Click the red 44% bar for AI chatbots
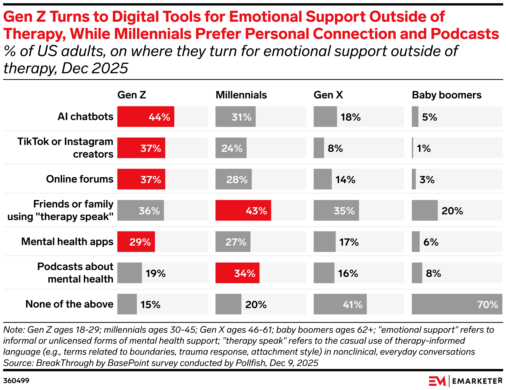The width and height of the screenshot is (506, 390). point(146,117)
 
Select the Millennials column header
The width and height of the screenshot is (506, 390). point(241,95)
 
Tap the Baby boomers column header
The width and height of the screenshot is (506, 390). point(447,95)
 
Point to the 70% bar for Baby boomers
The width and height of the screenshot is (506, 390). point(457,304)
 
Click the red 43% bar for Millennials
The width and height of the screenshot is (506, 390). point(243,211)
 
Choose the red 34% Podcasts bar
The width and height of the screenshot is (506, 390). point(237,273)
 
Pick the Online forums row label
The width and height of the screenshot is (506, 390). point(80,179)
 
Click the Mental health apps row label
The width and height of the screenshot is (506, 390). point(67,242)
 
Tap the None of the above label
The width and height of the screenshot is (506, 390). point(69,304)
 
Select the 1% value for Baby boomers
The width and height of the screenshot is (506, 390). point(423,148)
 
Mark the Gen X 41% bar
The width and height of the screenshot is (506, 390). point(340,304)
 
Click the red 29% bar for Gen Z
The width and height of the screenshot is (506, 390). point(136,242)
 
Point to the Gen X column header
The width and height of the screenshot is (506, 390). point(328,95)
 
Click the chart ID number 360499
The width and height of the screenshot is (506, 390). point(16,381)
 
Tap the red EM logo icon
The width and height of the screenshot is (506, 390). point(437,381)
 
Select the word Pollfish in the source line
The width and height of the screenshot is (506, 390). point(250,363)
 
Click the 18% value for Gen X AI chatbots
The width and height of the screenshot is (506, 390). point(351,117)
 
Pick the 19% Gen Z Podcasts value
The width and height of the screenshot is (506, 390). point(155,273)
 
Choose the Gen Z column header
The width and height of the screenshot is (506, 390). point(132,95)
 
